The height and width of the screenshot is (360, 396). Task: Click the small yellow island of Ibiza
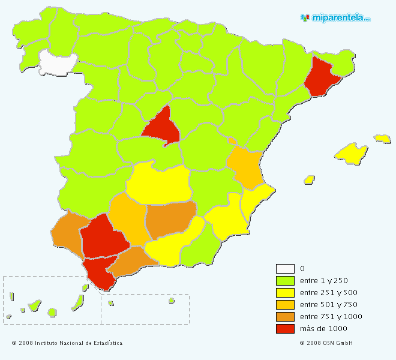click(310, 179)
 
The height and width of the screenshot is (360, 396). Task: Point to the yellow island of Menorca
click(382, 139)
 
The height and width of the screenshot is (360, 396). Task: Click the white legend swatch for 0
click(285, 269)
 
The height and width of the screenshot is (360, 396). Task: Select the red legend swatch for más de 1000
click(285, 329)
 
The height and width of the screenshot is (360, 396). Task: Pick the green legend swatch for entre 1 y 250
click(285, 281)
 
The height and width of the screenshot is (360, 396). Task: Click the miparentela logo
click(335, 18)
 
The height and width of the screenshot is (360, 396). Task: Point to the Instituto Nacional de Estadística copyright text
click(67, 344)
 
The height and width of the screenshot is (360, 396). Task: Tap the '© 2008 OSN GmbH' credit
click(326, 344)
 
